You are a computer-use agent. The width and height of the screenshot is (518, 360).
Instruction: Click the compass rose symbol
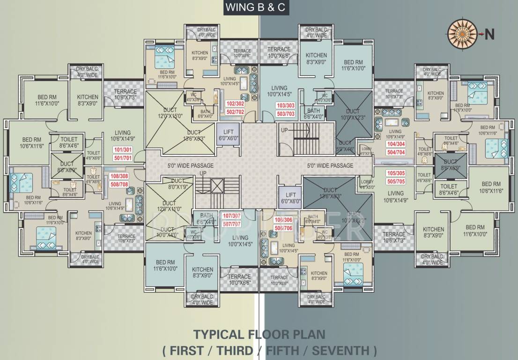461,34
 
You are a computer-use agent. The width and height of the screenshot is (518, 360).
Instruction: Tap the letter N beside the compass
488,34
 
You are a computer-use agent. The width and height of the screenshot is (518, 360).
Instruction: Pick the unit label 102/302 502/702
235,107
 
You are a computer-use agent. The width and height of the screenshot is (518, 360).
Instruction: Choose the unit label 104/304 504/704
395,148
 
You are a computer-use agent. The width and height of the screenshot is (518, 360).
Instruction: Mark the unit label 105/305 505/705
395,177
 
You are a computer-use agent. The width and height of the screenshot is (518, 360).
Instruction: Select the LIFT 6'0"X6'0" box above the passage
229,135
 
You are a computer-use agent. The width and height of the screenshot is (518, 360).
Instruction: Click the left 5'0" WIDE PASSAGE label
191,165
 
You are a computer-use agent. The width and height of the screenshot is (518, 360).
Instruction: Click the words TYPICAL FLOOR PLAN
259,335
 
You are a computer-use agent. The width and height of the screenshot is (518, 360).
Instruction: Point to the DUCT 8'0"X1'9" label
178,184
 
